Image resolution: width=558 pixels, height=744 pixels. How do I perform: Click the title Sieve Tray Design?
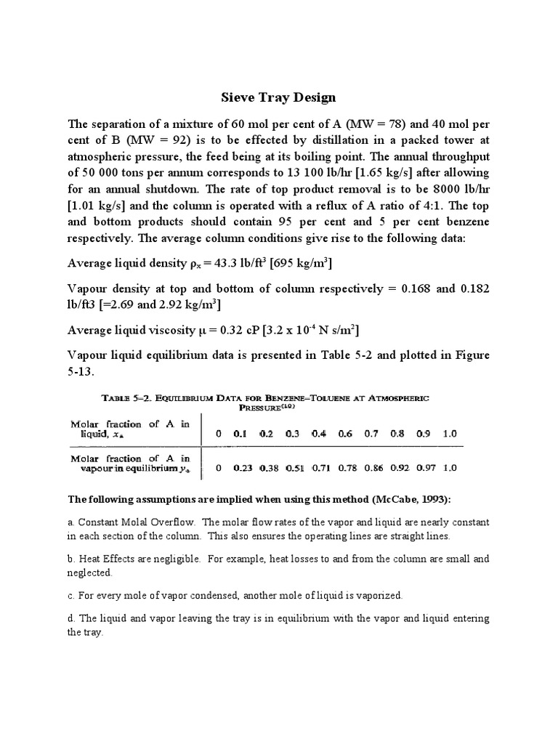point(278,97)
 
